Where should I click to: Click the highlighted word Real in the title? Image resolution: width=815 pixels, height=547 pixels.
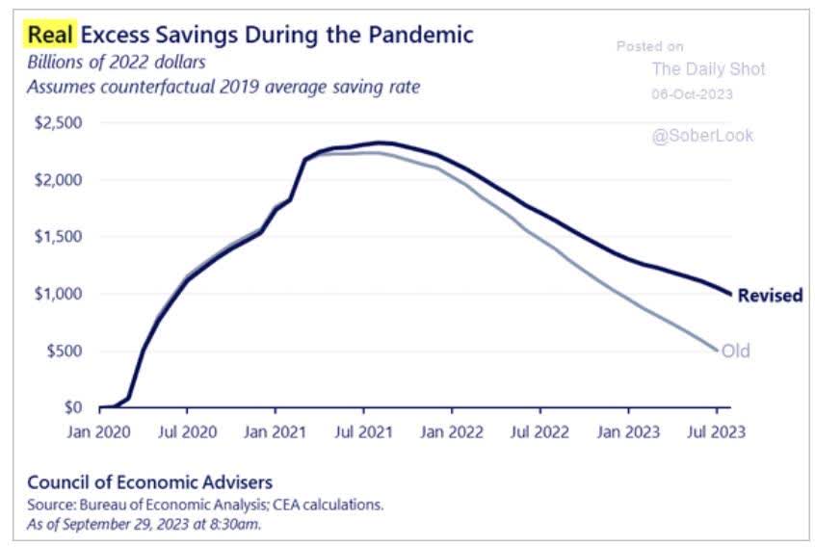point(51,36)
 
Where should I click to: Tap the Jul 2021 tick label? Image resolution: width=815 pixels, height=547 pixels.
point(363,432)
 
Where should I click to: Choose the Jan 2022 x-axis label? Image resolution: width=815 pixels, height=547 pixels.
point(452,432)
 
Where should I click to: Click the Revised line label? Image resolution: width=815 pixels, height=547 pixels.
point(770,296)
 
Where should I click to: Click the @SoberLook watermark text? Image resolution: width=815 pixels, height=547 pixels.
point(702,136)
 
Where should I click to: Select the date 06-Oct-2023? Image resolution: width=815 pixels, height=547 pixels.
point(693,94)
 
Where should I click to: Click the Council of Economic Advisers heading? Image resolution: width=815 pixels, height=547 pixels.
point(149,482)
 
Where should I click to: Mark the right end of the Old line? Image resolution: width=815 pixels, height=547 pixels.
point(716,351)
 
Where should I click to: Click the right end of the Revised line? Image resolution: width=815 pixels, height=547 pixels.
point(730,294)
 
